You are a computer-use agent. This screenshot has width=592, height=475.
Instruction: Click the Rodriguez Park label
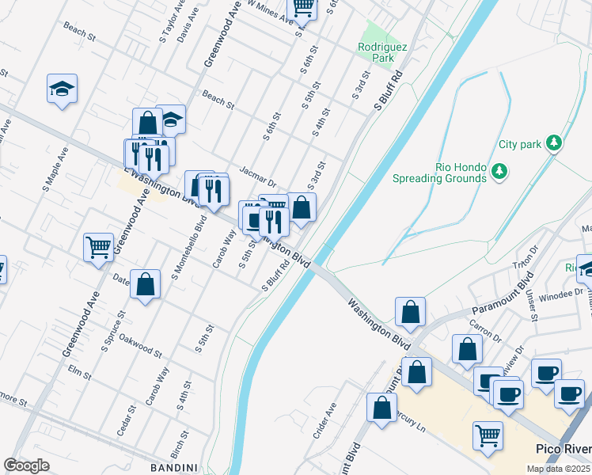point(382,52)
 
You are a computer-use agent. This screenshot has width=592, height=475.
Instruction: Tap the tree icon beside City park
point(556,142)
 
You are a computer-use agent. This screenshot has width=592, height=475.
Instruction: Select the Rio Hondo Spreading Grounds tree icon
point(499,172)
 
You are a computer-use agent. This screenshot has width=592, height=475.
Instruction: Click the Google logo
point(26,465)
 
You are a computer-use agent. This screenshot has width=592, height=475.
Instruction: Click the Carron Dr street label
point(486,326)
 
